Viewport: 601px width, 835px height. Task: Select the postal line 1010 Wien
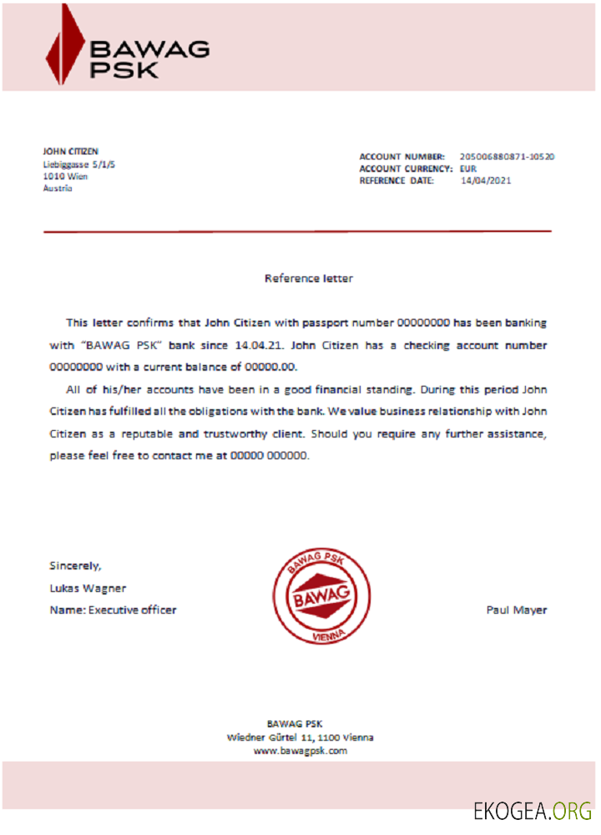coord(65,176)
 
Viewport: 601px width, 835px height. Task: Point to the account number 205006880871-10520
coord(508,156)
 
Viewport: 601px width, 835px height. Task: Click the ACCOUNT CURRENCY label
coord(406,169)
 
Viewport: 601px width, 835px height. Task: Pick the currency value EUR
coord(468,169)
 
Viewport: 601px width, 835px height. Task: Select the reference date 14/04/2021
coord(486,180)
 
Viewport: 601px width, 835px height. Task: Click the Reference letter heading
coord(308,278)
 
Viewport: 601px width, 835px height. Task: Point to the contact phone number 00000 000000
coord(269,456)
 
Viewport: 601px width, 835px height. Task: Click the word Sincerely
coord(75,565)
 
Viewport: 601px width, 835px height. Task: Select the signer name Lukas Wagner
coord(88,588)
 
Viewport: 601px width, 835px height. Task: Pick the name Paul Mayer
coord(517,610)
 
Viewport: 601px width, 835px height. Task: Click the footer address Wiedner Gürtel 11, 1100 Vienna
coord(300,737)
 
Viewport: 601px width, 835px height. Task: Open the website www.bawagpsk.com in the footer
coord(300,751)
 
